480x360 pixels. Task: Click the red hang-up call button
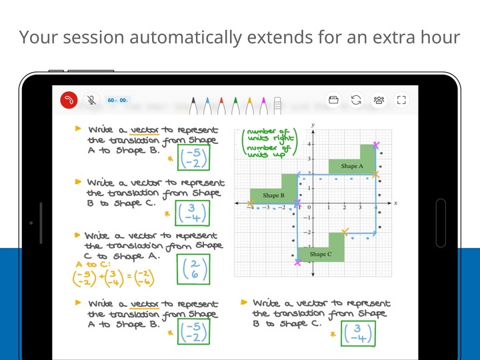click(x=69, y=100)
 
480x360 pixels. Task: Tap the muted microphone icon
click(x=91, y=100)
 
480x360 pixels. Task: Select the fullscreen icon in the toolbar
click(x=401, y=100)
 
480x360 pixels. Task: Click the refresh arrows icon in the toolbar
click(x=356, y=100)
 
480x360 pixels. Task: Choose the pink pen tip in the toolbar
click(x=264, y=103)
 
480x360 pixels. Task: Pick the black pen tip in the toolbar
click(x=193, y=103)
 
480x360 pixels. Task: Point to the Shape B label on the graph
click(x=273, y=195)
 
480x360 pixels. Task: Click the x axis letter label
click(x=395, y=202)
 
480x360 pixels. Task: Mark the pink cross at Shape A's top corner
click(x=377, y=145)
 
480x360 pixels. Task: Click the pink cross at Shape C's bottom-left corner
click(x=297, y=262)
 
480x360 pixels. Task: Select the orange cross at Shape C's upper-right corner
click(x=345, y=232)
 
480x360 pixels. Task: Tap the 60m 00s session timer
click(x=117, y=100)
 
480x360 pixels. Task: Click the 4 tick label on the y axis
click(x=309, y=144)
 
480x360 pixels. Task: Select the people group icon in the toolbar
click(x=379, y=100)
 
